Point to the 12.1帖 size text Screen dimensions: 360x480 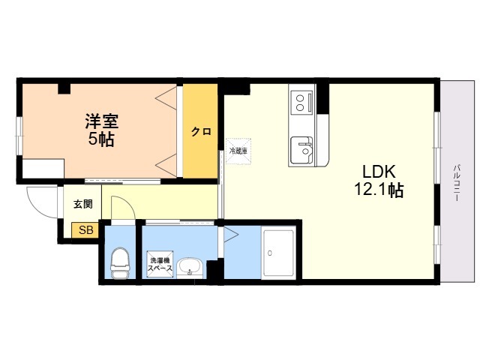(x=379, y=190)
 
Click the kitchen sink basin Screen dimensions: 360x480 (x=302, y=150)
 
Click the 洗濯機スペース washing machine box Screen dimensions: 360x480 (x=160, y=265)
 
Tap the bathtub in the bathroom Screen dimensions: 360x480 (x=279, y=253)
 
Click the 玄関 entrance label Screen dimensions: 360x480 (x=82, y=204)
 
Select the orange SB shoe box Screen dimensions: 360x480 (x=85, y=230)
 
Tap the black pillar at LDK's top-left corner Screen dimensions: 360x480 (x=233, y=85)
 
